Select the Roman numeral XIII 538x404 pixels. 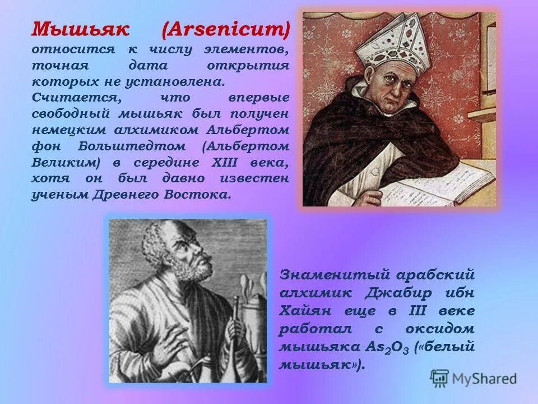[x=209, y=163]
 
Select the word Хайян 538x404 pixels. [x=305, y=311]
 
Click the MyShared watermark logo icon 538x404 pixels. [x=440, y=377]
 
